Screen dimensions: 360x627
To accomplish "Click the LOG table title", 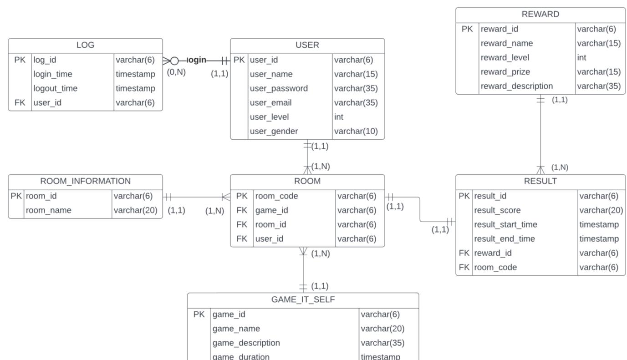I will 85,45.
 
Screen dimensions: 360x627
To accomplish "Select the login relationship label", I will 197,60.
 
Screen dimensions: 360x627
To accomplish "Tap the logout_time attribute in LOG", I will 55,88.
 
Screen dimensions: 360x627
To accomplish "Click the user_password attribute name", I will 279,88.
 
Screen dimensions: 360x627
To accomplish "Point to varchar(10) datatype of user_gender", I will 356,131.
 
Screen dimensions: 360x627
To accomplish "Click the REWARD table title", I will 540,14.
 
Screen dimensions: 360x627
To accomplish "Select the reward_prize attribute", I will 505,72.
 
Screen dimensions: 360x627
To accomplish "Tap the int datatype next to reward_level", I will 581,57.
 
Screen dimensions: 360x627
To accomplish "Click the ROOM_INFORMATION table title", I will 85,181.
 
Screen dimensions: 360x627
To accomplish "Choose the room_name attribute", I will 48,210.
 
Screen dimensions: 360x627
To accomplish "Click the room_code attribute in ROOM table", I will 276,196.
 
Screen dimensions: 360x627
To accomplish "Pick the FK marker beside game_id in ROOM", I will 242,210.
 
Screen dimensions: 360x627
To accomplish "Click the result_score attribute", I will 497,210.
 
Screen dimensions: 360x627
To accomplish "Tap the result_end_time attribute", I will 505,239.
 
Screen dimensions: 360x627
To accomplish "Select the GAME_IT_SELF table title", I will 303,299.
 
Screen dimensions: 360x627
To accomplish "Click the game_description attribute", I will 246,343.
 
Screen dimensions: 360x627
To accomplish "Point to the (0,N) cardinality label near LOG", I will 176,72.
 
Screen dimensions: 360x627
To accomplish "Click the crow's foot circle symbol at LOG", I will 174,61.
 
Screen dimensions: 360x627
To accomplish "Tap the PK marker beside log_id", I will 20,60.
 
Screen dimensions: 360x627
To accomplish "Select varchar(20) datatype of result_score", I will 601,210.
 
